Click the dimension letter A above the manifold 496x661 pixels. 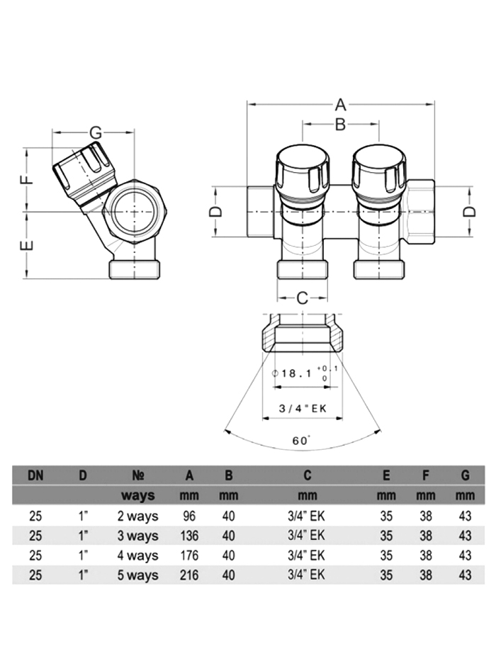pyautogui.click(x=340, y=105)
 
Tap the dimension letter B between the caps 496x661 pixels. pyautogui.click(x=340, y=125)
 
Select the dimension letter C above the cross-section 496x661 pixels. pyautogui.click(x=302, y=298)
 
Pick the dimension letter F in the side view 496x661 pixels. pyautogui.click(x=27, y=178)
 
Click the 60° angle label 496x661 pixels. pyautogui.click(x=301, y=440)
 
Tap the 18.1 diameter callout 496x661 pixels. pyautogui.click(x=297, y=373)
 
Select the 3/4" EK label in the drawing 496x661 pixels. pyautogui.click(x=301, y=407)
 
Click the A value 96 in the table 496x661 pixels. pyautogui.click(x=189, y=516)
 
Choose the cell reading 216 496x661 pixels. pyautogui.click(x=189, y=575)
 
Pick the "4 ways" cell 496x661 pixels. pyautogui.click(x=137, y=555)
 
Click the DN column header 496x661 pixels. pyautogui.click(x=35, y=475)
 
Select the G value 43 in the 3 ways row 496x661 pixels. pyautogui.click(x=465, y=536)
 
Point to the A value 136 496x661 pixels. pyautogui.click(x=189, y=536)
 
